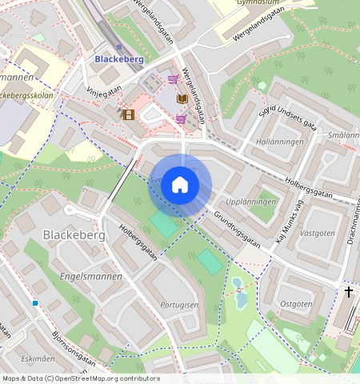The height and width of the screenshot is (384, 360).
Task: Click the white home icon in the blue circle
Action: click(180, 185)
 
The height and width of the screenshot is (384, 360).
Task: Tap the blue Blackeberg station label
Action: click(118, 58)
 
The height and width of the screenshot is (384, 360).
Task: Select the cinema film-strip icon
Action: click(128, 114)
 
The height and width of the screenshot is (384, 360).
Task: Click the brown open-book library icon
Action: click(182, 98)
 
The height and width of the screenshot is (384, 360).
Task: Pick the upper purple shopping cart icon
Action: click(173, 79)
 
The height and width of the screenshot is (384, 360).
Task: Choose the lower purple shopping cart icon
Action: click(181, 118)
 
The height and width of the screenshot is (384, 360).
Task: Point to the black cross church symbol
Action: click(348, 292)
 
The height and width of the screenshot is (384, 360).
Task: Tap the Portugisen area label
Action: click(178, 305)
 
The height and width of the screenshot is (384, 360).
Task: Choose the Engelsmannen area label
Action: click(90, 276)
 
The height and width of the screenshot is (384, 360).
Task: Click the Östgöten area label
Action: click(297, 304)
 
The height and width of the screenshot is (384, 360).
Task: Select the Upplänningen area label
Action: click(251, 202)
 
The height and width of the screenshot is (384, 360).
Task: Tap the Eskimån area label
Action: click(38, 359)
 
